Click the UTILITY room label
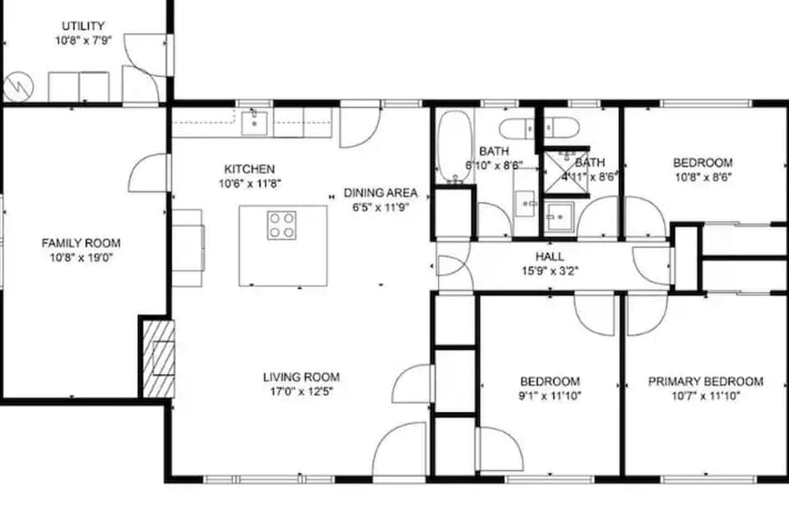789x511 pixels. (83, 26)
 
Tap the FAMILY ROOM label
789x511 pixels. (81, 243)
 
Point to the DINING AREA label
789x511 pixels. (381, 193)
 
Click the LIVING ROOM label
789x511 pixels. (297, 377)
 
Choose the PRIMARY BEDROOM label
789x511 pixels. (705, 381)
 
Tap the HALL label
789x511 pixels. (549, 256)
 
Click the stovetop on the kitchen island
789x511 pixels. (281, 225)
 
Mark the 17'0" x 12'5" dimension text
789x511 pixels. (297, 391)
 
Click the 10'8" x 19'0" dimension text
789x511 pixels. (81, 257)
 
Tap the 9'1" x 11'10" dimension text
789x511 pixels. (549, 396)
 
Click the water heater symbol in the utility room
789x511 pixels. (17, 86)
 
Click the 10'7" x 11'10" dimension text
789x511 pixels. (705, 396)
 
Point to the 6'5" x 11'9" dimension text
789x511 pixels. (381, 207)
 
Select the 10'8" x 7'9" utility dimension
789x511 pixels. (83, 40)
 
